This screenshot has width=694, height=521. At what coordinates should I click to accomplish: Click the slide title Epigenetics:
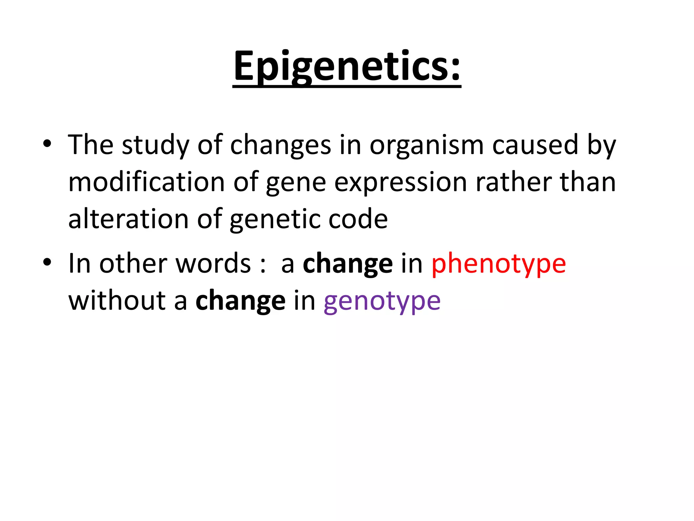pos(347,66)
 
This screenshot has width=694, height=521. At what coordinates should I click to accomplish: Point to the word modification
pos(146,182)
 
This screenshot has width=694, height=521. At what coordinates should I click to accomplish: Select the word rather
pos(513,182)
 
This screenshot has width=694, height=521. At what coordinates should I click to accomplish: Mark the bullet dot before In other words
pos(47,262)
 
